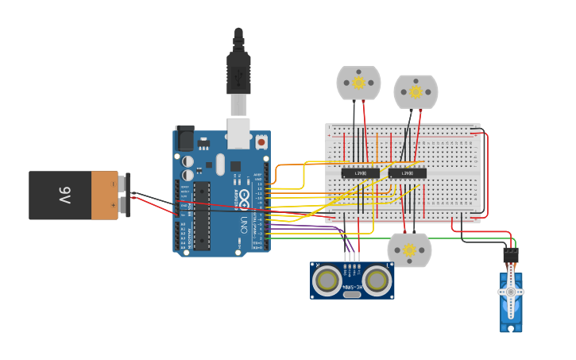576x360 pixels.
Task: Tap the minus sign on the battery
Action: (x=113, y=184)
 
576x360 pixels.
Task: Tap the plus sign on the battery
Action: (x=113, y=206)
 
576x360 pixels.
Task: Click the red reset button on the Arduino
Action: (x=261, y=142)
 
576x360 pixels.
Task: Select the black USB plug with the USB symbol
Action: (x=238, y=72)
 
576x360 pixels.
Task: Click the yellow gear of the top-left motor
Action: (x=358, y=82)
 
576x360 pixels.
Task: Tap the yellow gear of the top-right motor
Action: (x=416, y=91)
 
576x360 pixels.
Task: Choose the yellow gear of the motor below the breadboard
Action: (x=409, y=250)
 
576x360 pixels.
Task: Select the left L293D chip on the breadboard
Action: (x=360, y=173)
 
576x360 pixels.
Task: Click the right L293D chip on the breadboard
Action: (x=407, y=173)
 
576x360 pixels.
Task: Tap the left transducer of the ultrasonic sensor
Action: (x=327, y=279)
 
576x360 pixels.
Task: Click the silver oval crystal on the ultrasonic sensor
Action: (x=352, y=293)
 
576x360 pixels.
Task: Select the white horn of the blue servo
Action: (x=511, y=292)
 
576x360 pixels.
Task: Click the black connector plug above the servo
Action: (x=510, y=255)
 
